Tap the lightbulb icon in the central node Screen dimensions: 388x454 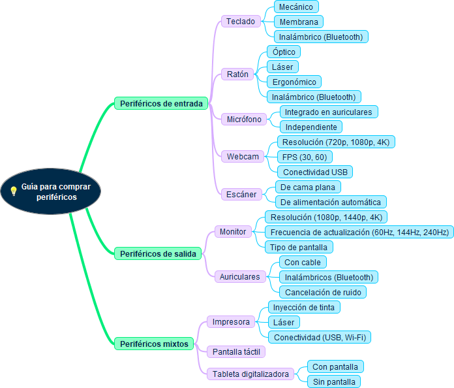coord(13,191)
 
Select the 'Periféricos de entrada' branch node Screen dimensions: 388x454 coord(161,103)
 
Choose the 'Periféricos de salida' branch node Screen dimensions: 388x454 coord(158,253)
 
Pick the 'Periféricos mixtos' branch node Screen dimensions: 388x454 coord(154,343)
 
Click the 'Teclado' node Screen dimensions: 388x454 coord(241,22)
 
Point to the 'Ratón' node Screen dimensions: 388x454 coord(237,74)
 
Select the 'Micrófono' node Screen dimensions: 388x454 coord(244,119)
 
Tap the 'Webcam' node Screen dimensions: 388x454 coord(243,156)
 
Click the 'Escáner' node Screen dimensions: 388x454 coord(241,194)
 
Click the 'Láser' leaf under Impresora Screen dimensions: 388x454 coord(284,322)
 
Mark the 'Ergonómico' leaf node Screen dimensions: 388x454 coord(294,82)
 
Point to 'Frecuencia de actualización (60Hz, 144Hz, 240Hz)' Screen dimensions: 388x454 coord(359,232)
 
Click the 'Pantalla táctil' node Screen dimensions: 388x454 coord(236,351)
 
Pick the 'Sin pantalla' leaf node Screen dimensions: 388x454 coord(333,381)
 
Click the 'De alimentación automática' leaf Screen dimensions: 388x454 coord(331,202)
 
